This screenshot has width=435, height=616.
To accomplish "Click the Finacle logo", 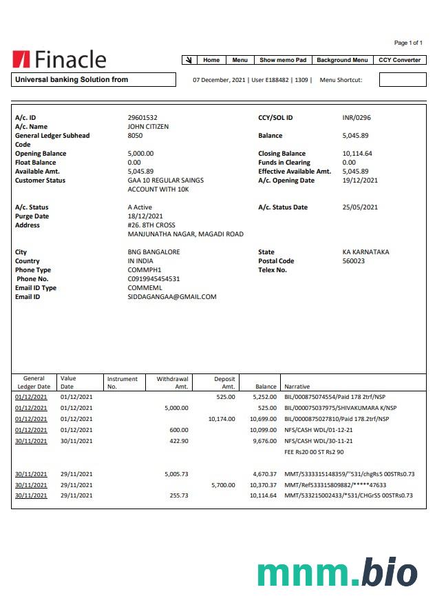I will click(59, 60).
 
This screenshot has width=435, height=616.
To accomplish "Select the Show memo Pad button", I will click(283, 60).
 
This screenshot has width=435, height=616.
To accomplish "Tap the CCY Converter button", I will click(399, 60).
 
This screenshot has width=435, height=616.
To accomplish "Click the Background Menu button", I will click(342, 60).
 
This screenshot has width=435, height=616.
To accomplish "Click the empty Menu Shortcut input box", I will click(403, 80).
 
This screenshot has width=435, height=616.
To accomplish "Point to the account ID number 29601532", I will click(142, 118).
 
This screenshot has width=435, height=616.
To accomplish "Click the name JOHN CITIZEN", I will click(148, 127).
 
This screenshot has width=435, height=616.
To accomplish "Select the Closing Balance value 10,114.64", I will click(357, 154).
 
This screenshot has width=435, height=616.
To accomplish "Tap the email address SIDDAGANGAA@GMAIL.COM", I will click(172, 297).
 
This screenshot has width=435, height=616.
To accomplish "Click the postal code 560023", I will click(354, 261).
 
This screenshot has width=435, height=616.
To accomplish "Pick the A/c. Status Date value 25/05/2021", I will click(360, 207).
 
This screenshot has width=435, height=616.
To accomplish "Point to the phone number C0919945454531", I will click(153, 279).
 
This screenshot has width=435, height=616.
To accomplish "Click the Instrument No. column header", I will click(123, 382).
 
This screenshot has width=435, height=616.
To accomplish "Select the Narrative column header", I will click(297, 387).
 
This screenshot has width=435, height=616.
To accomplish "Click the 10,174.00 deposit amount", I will click(221, 419).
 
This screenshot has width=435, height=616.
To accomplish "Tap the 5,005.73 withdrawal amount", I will click(176, 474).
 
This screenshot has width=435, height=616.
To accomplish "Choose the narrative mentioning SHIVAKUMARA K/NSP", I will click(340, 408).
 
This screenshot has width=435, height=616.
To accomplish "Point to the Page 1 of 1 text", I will click(408, 43).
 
